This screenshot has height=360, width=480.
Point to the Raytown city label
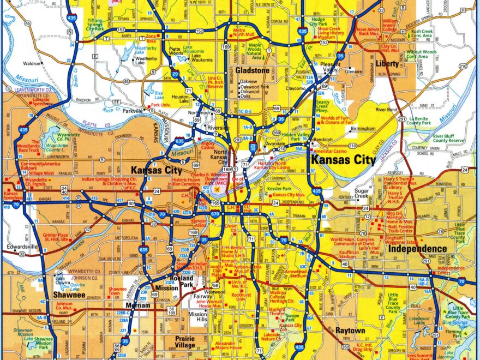[x=350, y=331]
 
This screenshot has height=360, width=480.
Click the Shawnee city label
[x=69, y=295]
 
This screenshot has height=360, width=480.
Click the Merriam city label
[x=137, y=305]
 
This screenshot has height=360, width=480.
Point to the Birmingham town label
[x=363, y=128]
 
